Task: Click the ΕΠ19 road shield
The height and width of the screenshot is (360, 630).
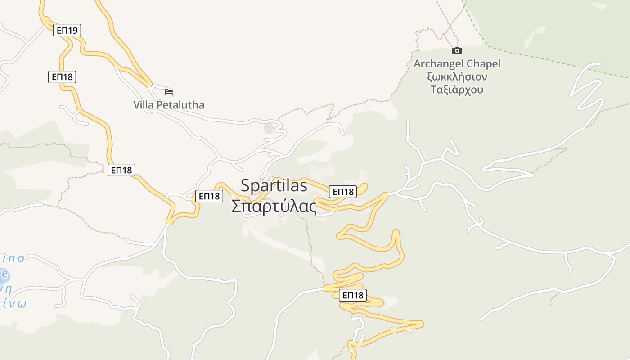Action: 67,31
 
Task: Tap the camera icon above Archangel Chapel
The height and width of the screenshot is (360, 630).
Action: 457,50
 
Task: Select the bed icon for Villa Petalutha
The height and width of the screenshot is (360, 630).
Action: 169,92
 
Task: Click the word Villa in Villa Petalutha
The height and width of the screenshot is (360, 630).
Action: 144,105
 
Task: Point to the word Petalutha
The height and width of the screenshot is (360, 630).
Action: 180,105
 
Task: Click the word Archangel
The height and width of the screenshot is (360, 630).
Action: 438,64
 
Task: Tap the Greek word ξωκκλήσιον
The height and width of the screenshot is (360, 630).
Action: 457,76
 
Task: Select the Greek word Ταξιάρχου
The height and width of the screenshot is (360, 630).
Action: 457,90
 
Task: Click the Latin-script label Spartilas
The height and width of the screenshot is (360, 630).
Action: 274,185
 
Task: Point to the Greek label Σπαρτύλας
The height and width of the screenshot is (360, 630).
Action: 274,206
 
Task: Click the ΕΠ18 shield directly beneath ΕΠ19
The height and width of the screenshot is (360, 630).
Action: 62,77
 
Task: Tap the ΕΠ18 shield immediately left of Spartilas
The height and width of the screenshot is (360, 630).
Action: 209,196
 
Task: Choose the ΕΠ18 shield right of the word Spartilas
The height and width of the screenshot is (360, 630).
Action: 343,192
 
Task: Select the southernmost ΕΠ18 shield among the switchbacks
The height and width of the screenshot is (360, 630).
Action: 353,295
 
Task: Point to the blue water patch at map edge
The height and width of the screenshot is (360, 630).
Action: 3,274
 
